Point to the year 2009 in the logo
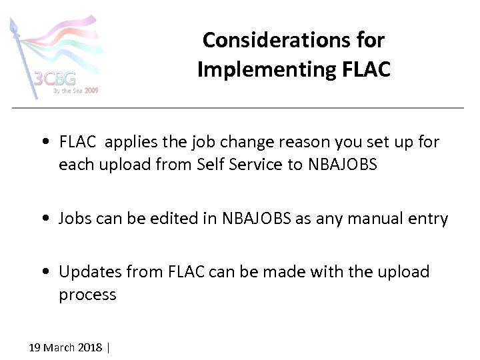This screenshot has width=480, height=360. coord(91,90)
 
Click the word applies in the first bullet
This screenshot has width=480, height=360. coord(129,141)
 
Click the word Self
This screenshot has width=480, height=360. coord(211,164)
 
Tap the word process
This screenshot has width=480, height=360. coord(87,295)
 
